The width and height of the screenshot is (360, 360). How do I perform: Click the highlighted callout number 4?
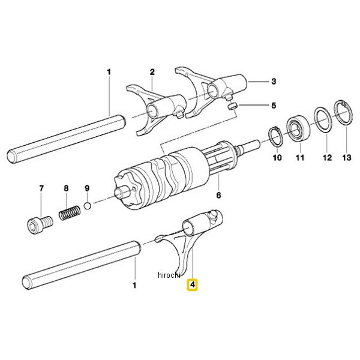click(192, 286)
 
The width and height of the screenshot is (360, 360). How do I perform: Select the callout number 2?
click(152, 73)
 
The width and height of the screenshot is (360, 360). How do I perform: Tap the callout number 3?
click(274, 80)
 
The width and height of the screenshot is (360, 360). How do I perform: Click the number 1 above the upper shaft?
click(109, 73)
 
